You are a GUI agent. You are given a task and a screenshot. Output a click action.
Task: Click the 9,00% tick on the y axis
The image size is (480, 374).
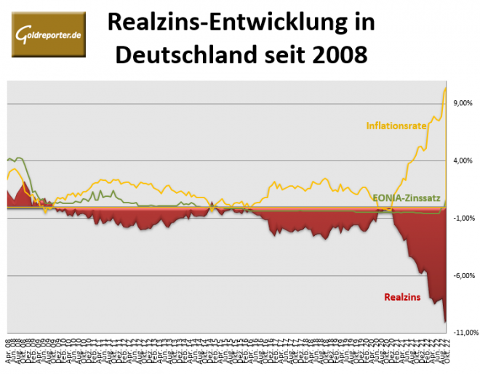(x=463, y=103)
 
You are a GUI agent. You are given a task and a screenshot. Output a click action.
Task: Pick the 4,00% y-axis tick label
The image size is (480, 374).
(x=463, y=160)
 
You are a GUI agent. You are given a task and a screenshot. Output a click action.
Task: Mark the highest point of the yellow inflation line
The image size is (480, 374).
(x=444, y=89)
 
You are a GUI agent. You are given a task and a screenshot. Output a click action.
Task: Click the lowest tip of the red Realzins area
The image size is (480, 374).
(x=444, y=321)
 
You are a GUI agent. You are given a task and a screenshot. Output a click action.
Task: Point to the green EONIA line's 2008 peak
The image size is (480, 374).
(x=17, y=158)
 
